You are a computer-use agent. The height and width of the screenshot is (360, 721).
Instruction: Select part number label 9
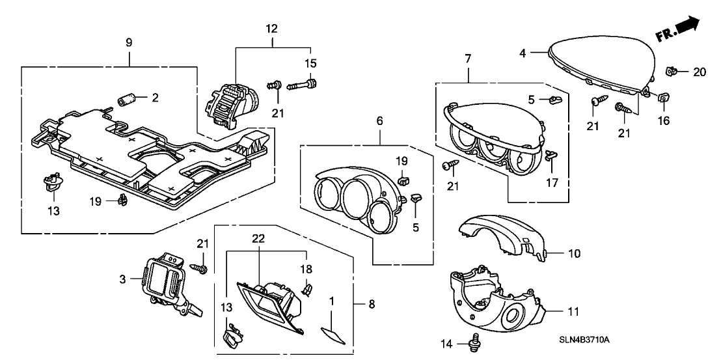pyautogui.click(x=129, y=42)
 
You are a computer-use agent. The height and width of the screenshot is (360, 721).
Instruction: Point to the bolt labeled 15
pyautogui.click(x=303, y=85)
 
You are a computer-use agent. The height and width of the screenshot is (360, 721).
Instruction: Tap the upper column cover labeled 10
pyautogui.click(x=501, y=238)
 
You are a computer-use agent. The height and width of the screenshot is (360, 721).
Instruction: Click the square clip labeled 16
pyautogui.click(x=662, y=97)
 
